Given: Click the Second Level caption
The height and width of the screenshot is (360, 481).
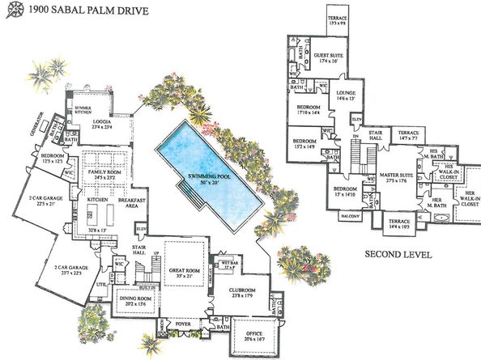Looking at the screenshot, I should click(x=396, y=254).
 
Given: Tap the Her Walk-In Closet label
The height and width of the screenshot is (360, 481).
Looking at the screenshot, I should click(x=469, y=197).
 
